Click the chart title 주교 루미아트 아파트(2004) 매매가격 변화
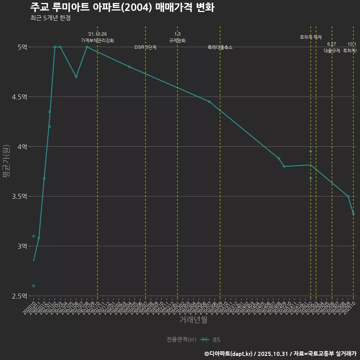pyautogui.click(x=122, y=7)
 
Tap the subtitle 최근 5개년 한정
pyautogui.click(x=50, y=18)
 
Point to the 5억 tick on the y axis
pyautogui.click(x=22, y=47)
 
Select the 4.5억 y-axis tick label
pyautogui.click(x=19, y=97)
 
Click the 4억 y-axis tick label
pyautogui.click(x=22, y=147)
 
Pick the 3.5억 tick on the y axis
pyautogui.click(x=19, y=196)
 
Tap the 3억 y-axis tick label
pyautogui.click(x=22, y=246)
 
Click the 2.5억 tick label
pyautogui.click(x=19, y=296)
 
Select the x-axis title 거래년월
pyautogui.click(x=193, y=320)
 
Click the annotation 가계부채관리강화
pyautogui.click(x=97, y=40)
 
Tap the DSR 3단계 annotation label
pyautogui.click(x=145, y=48)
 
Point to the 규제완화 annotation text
pyautogui.click(x=177, y=40)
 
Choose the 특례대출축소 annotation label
pyautogui.click(x=220, y=48)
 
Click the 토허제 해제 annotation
pyautogui.click(x=311, y=37)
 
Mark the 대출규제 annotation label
pyautogui.click(x=332, y=51)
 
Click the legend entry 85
pyautogui.click(x=216, y=340)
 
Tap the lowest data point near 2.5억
pyautogui.click(x=33, y=286)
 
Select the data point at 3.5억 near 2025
pyautogui.click(x=348, y=196)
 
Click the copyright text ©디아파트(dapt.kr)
pyautogui.click(x=228, y=353)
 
